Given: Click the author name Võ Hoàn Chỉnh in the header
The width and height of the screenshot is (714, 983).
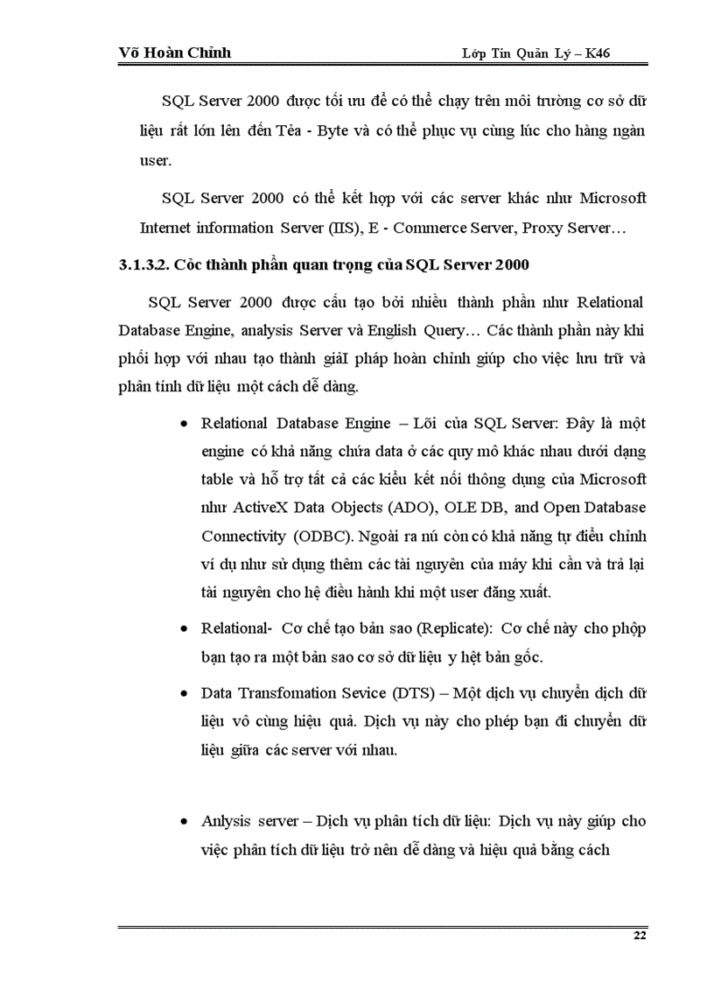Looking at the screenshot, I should click(x=174, y=53).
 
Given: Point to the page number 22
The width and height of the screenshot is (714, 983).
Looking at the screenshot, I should click(x=639, y=937).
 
